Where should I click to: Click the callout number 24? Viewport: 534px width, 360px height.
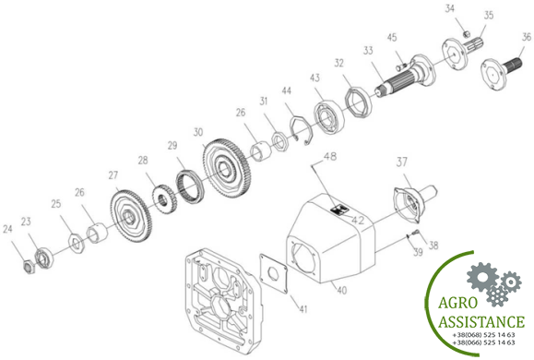click(7, 229)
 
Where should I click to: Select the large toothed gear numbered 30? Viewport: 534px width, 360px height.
click(227, 167)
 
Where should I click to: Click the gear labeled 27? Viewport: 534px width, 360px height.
click(131, 216)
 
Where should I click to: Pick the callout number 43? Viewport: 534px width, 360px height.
click(314, 78)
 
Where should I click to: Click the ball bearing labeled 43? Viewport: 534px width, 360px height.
click(329, 117)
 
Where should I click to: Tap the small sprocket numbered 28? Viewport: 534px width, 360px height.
click(164, 198)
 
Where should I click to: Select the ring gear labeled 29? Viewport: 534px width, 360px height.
click(189, 186)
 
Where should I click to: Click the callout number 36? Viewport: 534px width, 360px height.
click(527, 37)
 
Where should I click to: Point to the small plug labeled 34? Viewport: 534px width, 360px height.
click(468, 33)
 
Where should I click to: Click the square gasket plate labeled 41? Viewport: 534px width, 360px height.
click(274, 272)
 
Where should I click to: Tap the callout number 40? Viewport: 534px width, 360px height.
click(341, 290)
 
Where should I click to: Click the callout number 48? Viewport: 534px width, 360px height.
click(329, 157)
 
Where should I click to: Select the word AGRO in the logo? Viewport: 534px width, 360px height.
click(457, 303)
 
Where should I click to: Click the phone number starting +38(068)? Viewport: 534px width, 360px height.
click(483, 335)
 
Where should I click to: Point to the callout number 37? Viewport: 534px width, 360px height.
click(401, 162)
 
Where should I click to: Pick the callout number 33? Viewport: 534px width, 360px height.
click(368, 51)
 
